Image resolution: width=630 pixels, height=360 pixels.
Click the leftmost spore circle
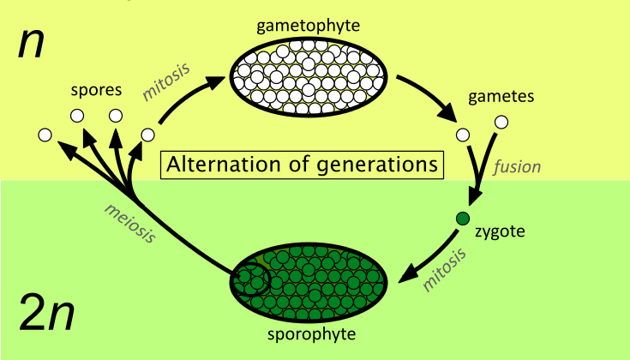[45, 135]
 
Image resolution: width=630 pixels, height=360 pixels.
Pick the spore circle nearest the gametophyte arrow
[147, 135]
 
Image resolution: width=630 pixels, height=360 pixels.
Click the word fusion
[519, 167]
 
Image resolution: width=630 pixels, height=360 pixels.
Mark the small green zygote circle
[463, 219]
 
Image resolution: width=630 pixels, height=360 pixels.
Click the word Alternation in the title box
[213, 163]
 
